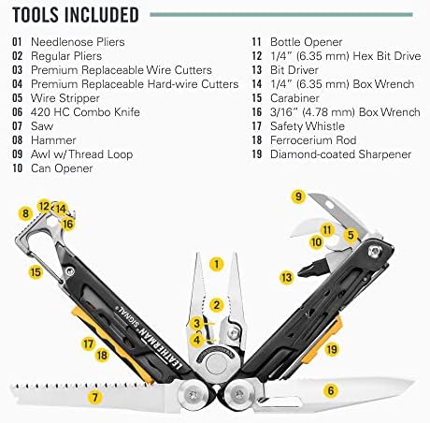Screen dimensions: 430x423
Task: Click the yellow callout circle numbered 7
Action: [94, 397]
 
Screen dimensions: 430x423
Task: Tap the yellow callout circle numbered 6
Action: [331, 390]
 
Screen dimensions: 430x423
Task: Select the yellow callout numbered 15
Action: [36, 272]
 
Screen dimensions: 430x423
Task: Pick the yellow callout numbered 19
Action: [332, 349]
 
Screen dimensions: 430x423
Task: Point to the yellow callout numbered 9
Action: [298, 197]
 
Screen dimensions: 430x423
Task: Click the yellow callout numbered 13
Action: [286, 277]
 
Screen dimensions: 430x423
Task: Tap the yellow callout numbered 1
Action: [217, 264]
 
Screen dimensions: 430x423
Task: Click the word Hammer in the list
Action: [53, 140]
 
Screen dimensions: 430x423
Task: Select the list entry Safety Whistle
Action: [308, 126]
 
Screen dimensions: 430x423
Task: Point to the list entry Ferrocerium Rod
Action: [313, 140]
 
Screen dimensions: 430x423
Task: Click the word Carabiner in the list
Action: [294, 98]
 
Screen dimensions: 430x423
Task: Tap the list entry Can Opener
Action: [62, 168]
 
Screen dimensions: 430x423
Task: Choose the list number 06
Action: [18, 112]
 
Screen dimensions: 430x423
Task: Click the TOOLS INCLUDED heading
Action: [76, 15]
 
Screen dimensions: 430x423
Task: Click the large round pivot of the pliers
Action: [216, 363]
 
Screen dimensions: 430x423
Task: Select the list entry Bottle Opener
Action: [306, 42]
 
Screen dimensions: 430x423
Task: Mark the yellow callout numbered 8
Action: [25, 213]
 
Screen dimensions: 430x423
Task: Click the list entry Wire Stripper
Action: [65, 98]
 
